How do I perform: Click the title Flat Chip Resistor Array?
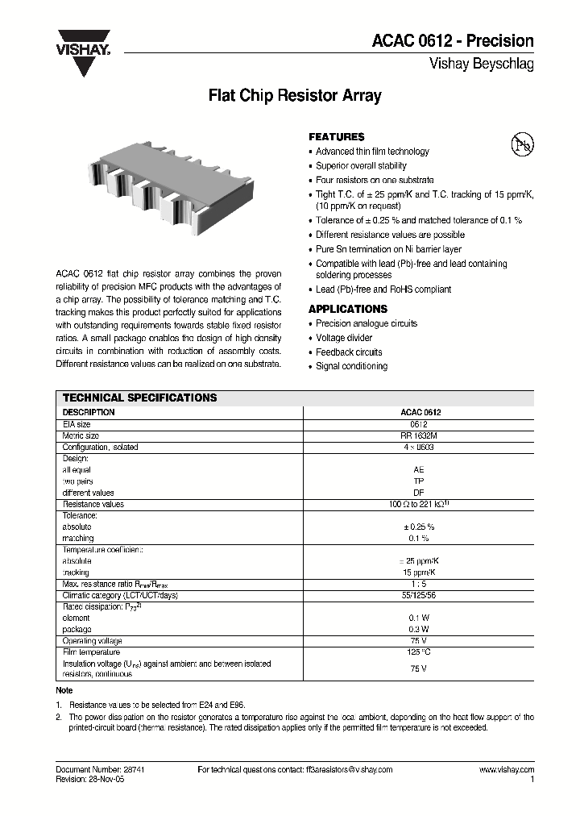pyautogui.click(x=295, y=96)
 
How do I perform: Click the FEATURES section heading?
pyautogui.click(x=337, y=137)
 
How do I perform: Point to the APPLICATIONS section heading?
pyautogui.click(x=348, y=309)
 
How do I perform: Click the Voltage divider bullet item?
pyautogui.click(x=344, y=338)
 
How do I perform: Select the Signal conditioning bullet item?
pyautogui.click(x=351, y=366)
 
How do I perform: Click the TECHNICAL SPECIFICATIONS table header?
pyautogui.click(x=139, y=398)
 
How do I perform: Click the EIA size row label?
pyautogui.click(x=77, y=423)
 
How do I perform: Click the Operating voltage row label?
pyautogui.click(x=92, y=640)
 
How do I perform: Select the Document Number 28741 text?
pyautogui.click(x=100, y=770)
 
